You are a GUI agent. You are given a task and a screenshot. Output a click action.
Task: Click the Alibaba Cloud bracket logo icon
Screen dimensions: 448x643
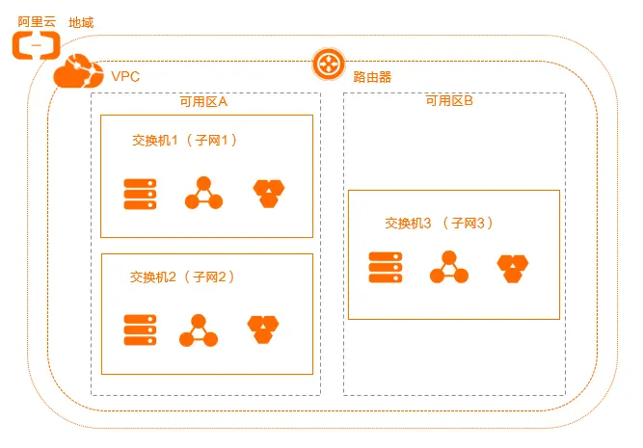[36, 43]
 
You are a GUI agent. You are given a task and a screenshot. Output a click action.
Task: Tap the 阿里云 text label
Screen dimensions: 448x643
[37, 21]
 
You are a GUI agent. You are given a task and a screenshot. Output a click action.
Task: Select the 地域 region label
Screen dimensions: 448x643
[82, 21]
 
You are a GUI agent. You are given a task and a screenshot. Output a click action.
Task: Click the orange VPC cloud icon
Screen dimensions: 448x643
[78, 72]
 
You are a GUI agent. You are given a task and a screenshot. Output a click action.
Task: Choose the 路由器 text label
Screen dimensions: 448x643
[372, 76]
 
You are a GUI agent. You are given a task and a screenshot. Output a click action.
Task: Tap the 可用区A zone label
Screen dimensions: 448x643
[203, 101]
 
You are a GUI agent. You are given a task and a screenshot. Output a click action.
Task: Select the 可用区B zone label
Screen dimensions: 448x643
[449, 101]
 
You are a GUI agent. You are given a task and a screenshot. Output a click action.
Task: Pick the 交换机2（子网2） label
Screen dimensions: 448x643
[182, 277]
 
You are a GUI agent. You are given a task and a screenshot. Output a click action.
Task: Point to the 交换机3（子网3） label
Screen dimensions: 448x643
[439, 223]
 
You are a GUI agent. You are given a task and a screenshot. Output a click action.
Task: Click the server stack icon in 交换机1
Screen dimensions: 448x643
[139, 194]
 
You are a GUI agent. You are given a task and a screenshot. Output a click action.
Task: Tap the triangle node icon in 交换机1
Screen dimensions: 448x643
[203, 194]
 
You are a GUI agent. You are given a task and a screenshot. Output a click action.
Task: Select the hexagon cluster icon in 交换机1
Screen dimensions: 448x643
[269, 194]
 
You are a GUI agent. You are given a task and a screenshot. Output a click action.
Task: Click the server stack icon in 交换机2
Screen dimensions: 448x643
[139, 329]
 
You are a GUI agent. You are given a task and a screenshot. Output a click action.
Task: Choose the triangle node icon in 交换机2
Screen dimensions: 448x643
[199, 330]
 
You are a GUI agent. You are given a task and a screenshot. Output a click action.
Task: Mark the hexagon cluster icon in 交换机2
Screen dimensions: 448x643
[263, 329]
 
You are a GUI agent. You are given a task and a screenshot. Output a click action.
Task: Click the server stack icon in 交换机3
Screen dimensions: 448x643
[385, 267]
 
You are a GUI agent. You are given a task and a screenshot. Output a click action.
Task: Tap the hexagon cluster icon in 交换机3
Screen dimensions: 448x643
[513, 268]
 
